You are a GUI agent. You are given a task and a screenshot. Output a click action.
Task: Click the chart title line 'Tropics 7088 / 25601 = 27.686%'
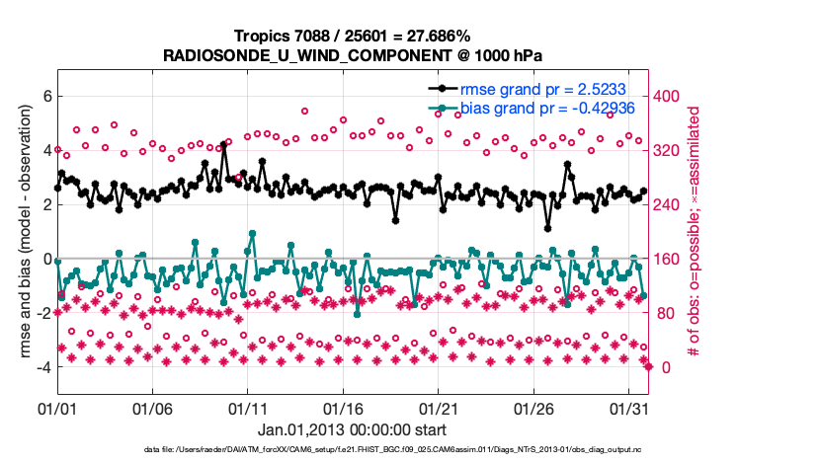click(352, 37)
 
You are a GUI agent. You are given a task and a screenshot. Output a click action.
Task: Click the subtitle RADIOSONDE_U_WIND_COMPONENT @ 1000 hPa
click(352, 55)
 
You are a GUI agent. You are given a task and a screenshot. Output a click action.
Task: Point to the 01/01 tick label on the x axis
click(56, 407)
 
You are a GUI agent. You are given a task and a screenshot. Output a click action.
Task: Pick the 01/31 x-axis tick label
click(629, 407)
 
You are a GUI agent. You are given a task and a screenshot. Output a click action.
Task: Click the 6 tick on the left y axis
click(43, 96)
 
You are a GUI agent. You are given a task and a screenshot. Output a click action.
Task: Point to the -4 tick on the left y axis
click(41, 367)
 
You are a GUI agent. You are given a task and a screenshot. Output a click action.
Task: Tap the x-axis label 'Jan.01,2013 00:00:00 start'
click(352, 429)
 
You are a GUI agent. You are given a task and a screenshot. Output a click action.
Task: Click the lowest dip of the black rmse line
click(547, 228)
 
